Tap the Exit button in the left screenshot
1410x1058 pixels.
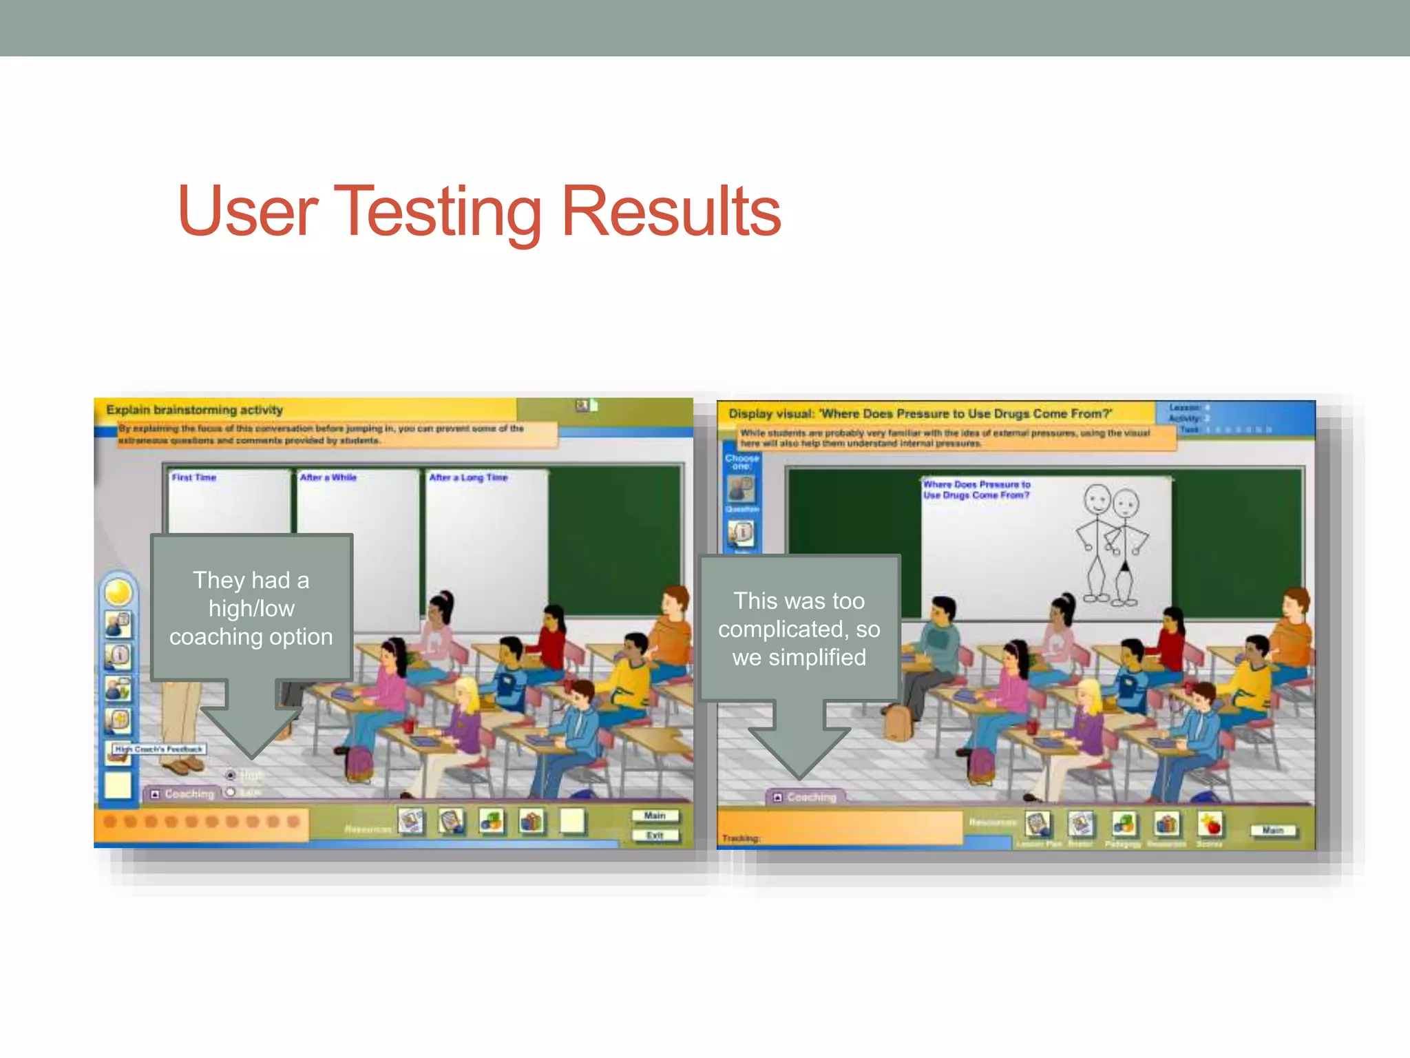click(x=655, y=836)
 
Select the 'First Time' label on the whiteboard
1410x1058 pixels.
click(x=194, y=477)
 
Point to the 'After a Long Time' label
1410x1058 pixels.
click(x=468, y=477)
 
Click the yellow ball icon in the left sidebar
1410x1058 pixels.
click(x=118, y=592)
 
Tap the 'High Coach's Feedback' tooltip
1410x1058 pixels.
click(x=159, y=749)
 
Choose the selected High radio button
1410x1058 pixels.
click(x=231, y=776)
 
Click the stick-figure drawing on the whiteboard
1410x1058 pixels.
click(x=1111, y=544)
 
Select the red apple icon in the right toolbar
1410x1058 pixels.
click(x=1210, y=824)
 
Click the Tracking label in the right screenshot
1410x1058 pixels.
click(x=741, y=838)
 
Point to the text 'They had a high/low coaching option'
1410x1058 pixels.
click(x=251, y=608)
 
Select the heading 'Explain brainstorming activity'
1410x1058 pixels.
click(x=194, y=410)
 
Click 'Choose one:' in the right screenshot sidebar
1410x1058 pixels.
click(x=741, y=461)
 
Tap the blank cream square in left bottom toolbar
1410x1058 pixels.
click(x=572, y=820)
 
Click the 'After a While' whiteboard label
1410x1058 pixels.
click(x=328, y=477)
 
